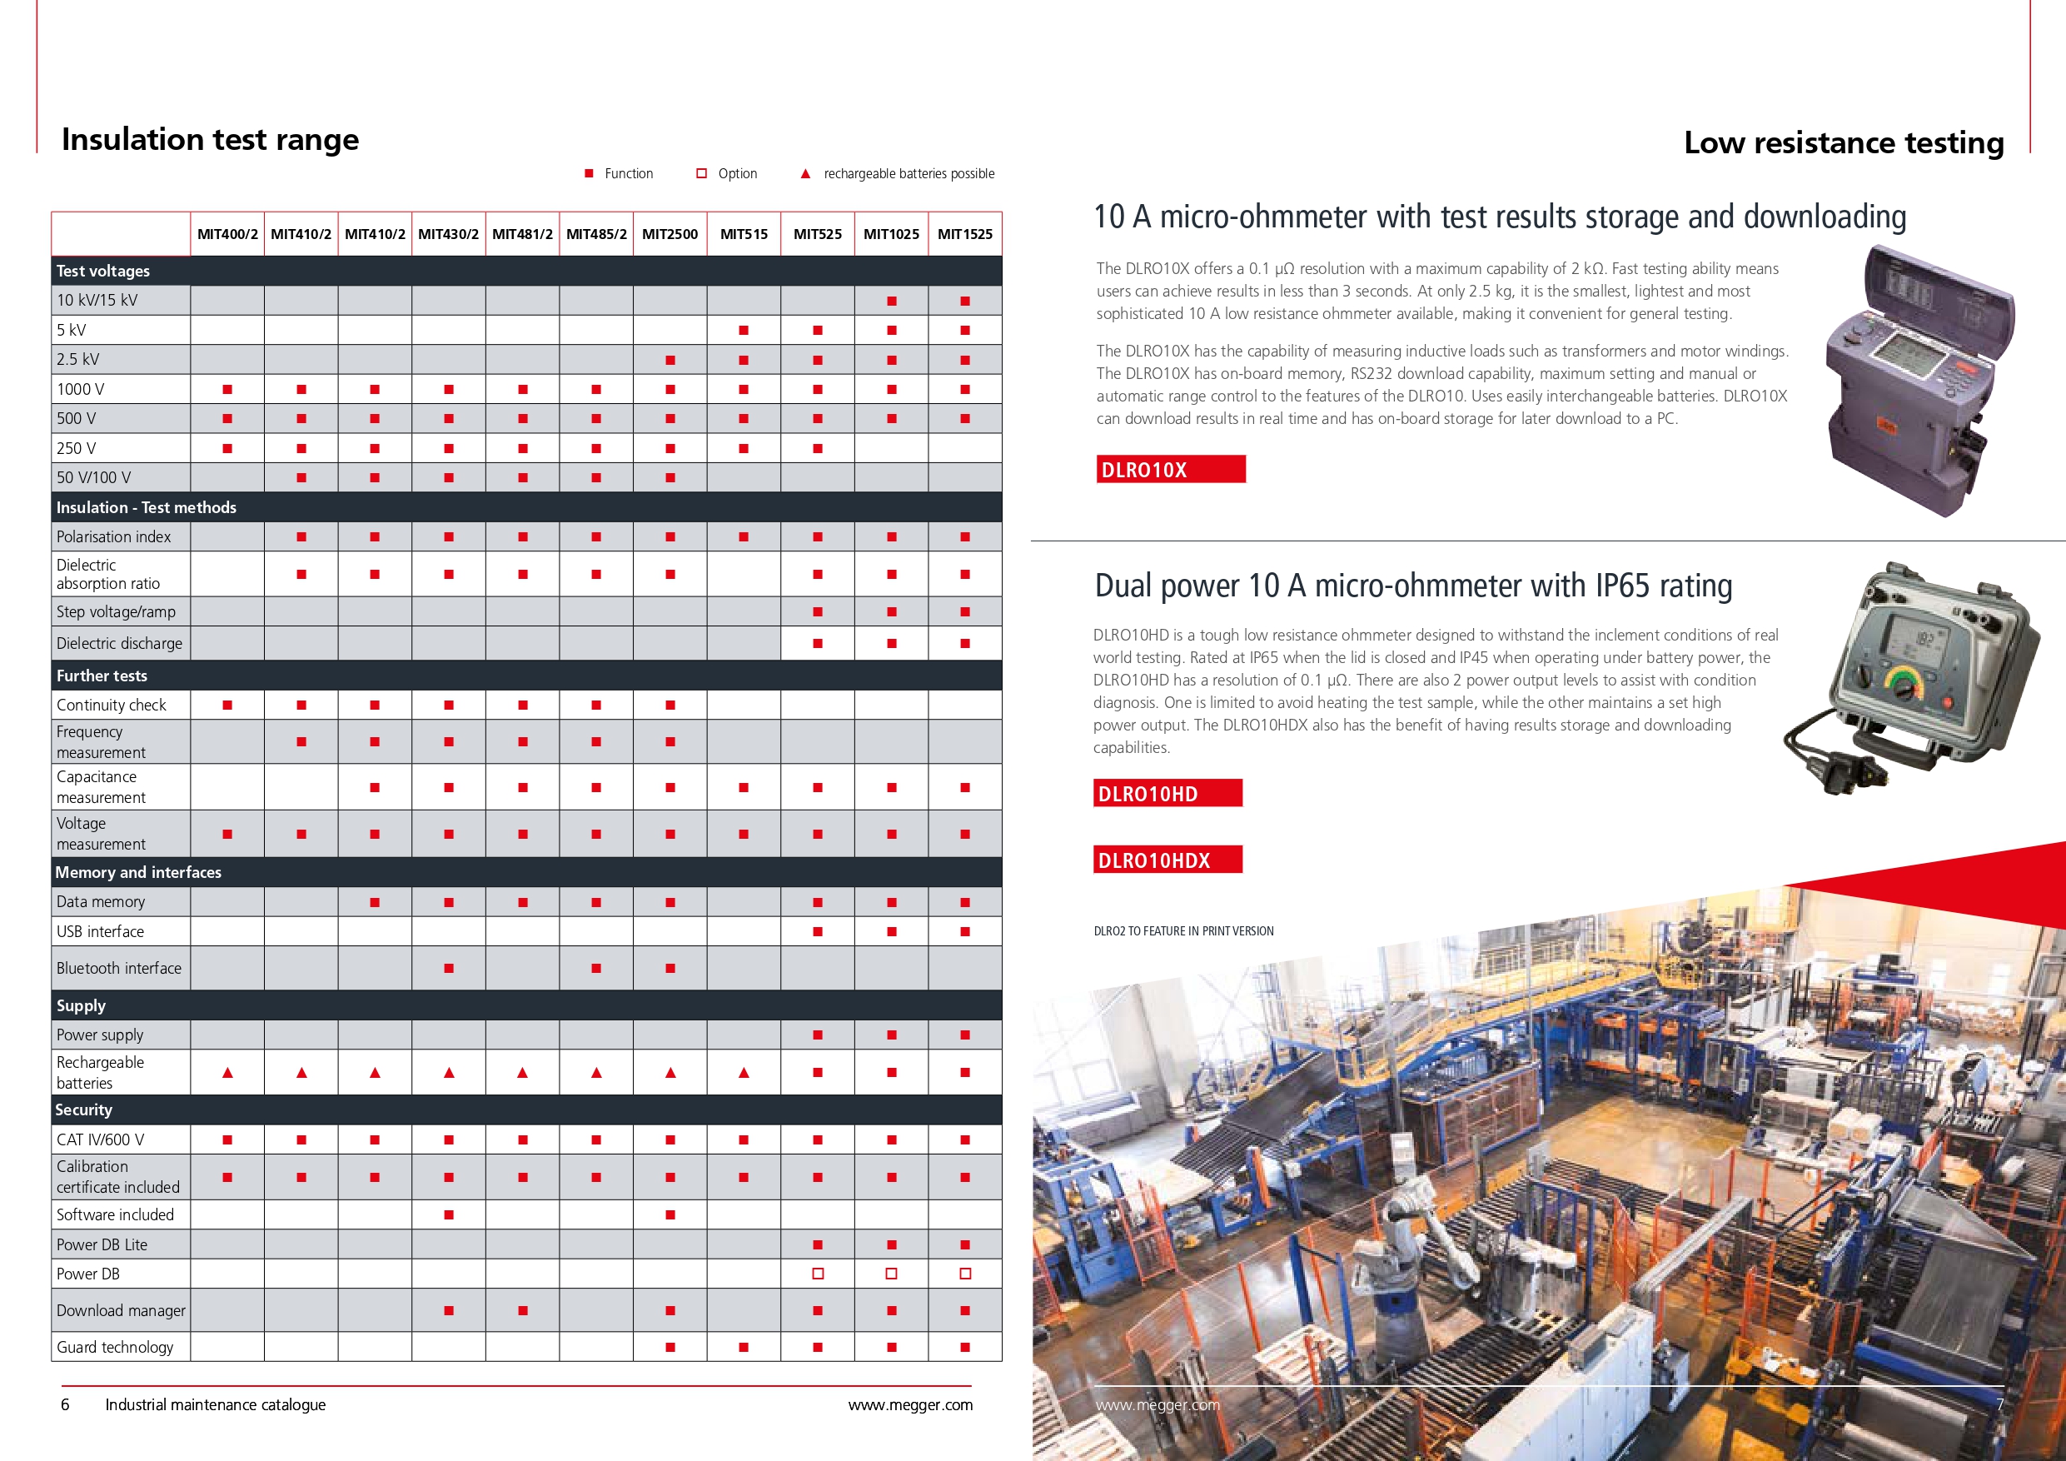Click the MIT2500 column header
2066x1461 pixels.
tap(670, 234)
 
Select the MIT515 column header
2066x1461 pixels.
tap(744, 234)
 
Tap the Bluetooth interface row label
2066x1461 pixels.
tap(119, 968)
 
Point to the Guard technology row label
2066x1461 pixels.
tap(115, 1347)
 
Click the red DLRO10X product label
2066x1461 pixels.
tap(1170, 469)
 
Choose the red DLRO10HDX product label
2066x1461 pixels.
tap(1167, 860)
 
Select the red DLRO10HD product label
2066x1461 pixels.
tap(1167, 793)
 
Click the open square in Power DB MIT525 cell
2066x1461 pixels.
tap(817, 1274)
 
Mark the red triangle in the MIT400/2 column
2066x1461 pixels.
tap(227, 1072)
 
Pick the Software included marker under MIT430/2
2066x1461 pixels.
tap(449, 1214)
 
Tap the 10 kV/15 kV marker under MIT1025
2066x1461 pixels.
tap(891, 301)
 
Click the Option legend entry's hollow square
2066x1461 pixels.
tap(702, 174)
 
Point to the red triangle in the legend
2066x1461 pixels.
tap(805, 174)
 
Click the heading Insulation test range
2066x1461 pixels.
tap(210, 140)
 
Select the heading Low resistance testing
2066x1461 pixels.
tap(1843, 142)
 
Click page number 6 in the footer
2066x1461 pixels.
tap(65, 1404)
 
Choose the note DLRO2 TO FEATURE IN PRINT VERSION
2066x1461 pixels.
tap(1183, 930)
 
